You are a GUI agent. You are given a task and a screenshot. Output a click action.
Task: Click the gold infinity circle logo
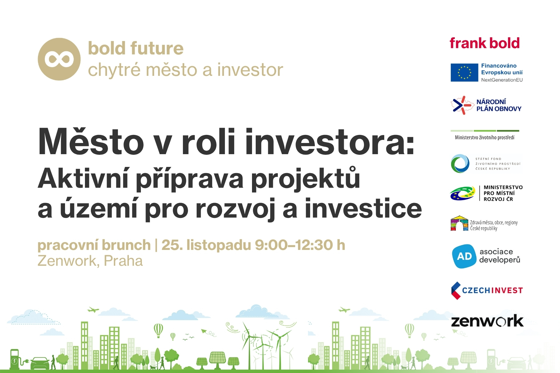(x=59, y=59)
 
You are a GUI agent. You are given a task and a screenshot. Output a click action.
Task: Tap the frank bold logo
(x=484, y=43)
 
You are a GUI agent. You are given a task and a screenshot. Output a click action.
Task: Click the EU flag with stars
(x=464, y=73)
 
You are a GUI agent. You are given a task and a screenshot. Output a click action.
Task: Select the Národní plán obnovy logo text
(x=499, y=105)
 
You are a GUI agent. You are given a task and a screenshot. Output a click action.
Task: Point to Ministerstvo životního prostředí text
(x=484, y=137)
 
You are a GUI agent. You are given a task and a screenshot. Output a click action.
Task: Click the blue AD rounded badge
(x=464, y=256)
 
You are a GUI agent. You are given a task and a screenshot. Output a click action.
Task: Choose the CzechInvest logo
(x=487, y=290)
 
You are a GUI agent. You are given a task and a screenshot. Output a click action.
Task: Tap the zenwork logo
(x=487, y=321)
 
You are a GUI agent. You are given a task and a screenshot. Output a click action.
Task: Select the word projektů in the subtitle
(x=306, y=179)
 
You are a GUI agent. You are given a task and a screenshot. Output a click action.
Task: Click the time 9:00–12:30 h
(x=300, y=245)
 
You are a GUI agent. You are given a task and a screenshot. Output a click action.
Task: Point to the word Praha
(x=123, y=261)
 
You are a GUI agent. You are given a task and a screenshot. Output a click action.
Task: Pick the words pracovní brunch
(x=94, y=246)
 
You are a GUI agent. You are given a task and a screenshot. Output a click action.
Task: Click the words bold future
(x=136, y=48)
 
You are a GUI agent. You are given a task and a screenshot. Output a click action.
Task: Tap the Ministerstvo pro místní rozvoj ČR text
(x=503, y=193)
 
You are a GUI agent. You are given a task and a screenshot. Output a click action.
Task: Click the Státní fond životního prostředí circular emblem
(x=460, y=163)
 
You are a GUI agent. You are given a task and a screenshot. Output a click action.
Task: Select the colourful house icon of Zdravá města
(x=460, y=223)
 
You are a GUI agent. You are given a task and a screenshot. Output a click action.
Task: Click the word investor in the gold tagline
(x=250, y=70)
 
